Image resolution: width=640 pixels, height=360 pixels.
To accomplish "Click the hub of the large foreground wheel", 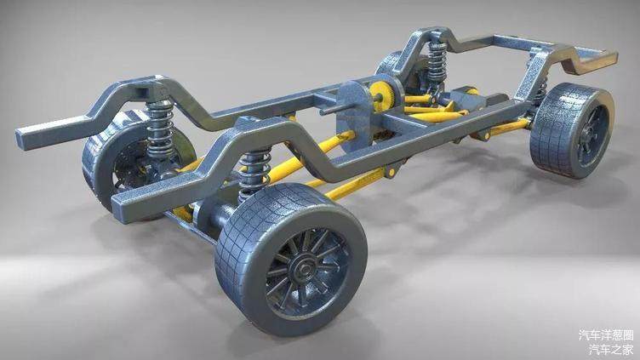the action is [304, 269].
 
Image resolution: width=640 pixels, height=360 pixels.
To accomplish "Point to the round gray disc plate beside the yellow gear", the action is [354, 113].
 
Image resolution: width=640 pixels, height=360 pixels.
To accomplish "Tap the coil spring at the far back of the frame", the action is [438, 61].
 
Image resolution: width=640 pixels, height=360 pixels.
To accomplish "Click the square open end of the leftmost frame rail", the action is [26, 139].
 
